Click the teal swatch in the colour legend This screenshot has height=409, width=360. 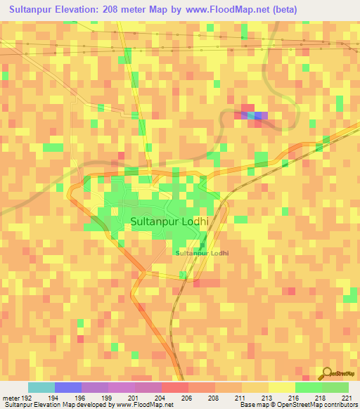click(x=41, y=387)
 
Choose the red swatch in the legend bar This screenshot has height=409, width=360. click(x=174, y=387)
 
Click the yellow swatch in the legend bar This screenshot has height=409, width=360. click(x=281, y=387)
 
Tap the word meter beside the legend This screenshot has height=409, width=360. click(x=12, y=397)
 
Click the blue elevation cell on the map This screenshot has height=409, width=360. click(x=261, y=115)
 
